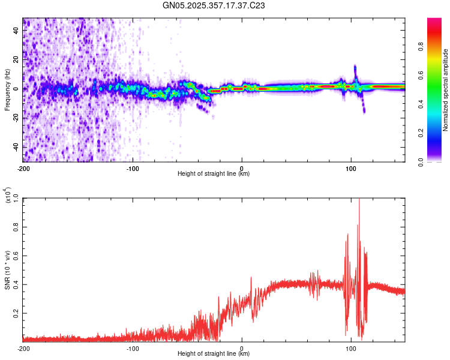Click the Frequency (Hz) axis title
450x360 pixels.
point(7,90)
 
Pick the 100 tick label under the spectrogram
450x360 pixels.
point(351,167)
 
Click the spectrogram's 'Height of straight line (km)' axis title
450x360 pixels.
point(214,174)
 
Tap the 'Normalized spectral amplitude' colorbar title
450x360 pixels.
point(446,90)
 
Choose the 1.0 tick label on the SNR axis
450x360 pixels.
point(16,198)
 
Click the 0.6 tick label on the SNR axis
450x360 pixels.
point(16,256)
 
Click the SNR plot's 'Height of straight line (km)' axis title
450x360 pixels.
point(214,355)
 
